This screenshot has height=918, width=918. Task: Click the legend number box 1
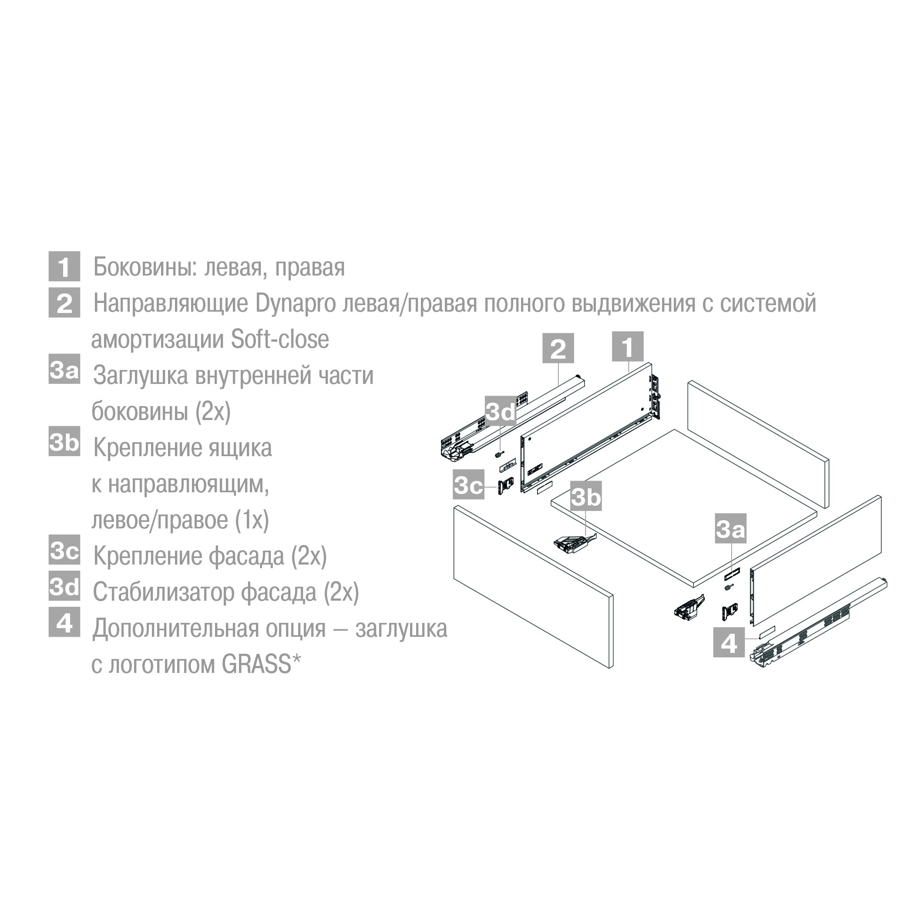point(64,266)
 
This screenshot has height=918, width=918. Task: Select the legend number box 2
point(64,303)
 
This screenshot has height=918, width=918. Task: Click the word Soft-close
point(280,339)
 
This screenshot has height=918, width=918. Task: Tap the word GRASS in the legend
point(256,664)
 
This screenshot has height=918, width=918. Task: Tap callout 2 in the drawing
point(558,348)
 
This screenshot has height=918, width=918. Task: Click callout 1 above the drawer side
point(628,346)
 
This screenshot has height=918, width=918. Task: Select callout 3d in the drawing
point(500,411)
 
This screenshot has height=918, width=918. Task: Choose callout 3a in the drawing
point(731,528)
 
